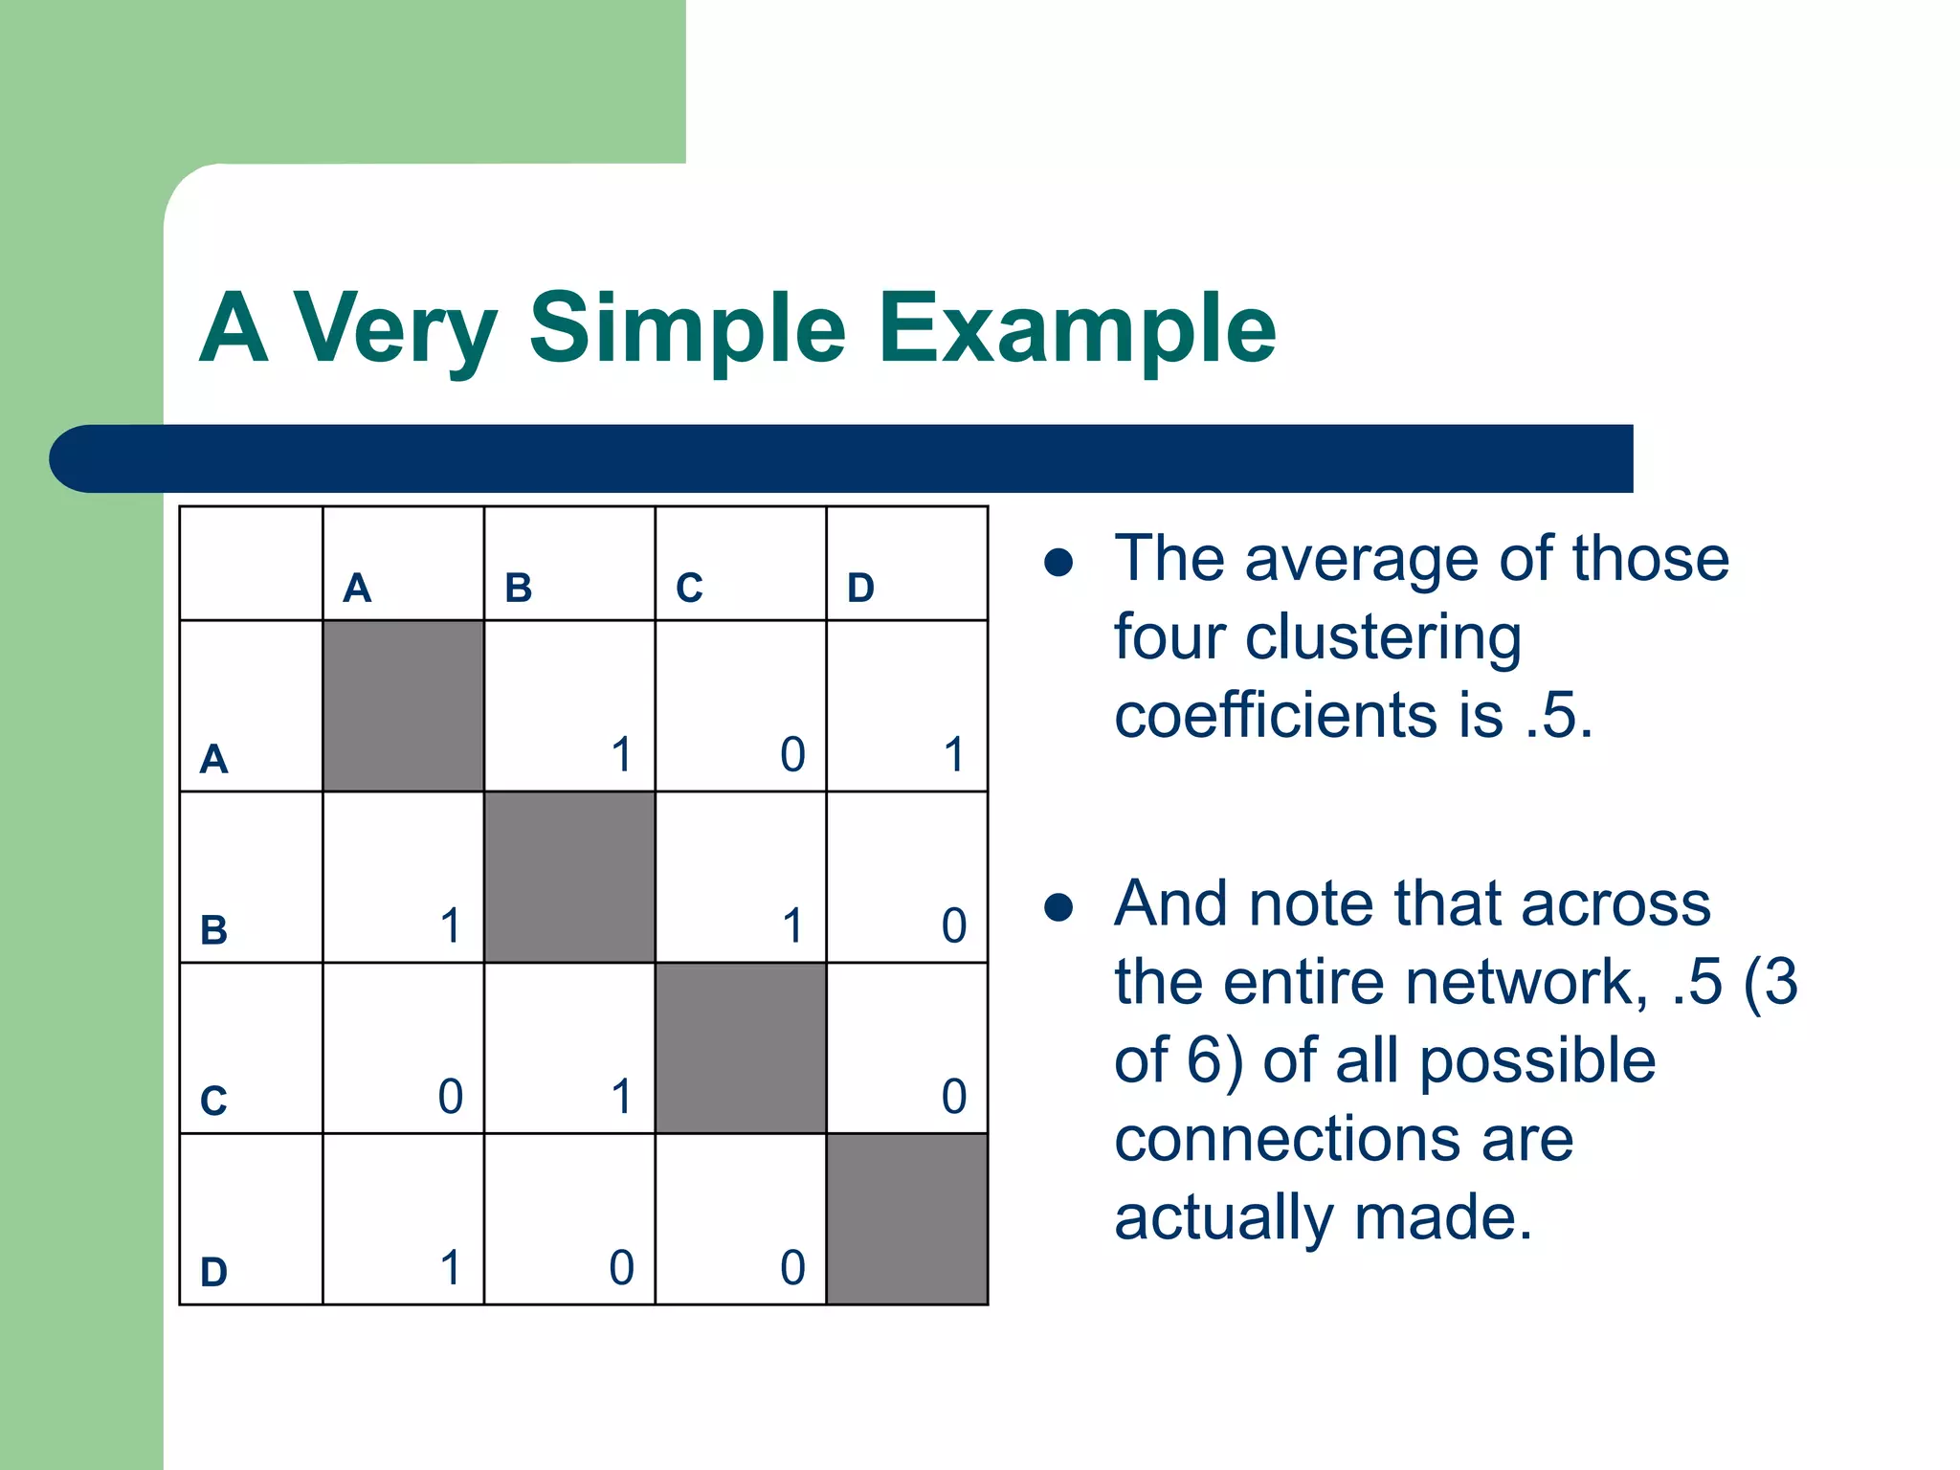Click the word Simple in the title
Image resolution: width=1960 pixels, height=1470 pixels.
pyautogui.click(x=687, y=330)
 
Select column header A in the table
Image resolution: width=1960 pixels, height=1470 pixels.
pyautogui.click(x=357, y=588)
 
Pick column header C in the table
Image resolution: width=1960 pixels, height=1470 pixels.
pyautogui.click(x=689, y=588)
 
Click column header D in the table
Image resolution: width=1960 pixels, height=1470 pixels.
pyautogui.click(x=860, y=588)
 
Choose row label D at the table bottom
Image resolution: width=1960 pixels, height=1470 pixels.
pyautogui.click(x=213, y=1272)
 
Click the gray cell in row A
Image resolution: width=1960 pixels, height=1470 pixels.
pyautogui.click(x=403, y=706)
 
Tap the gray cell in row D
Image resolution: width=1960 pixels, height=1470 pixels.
pyautogui.click(x=906, y=1219)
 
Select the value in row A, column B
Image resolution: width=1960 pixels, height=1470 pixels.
pyautogui.click(x=621, y=754)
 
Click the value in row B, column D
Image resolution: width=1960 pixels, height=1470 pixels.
pyautogui.click(x=953, y=925)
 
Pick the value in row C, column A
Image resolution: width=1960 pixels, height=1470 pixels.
pyautogui.click(x=450, y=1097)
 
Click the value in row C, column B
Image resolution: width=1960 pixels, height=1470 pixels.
pyautogui.click(x=621, y=1097)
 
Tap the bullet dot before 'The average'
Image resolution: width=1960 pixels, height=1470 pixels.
pyautogui.click(x=1058, y=563)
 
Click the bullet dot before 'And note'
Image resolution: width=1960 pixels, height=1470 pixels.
pyautogui.click(x=1058, y=906)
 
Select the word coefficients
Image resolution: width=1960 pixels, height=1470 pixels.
pyautogui.click(x=1276, y=716)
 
